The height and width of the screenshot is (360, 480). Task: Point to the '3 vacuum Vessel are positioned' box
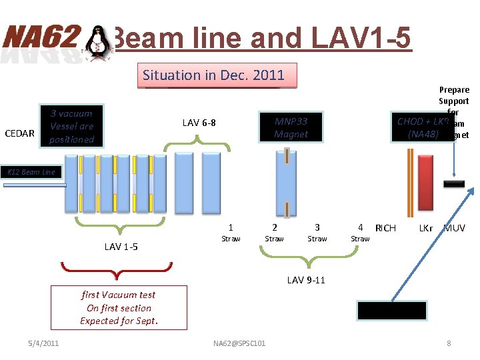click(71, 126)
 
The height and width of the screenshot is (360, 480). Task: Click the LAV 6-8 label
click(199, 122)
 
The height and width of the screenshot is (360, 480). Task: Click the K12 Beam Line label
click(31, 172)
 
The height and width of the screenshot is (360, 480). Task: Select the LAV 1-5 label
click(121, 247)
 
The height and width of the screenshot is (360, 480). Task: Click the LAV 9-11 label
click(306, 280)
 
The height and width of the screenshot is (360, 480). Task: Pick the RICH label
click(385, 228)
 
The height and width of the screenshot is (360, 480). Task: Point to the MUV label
click(455, 228)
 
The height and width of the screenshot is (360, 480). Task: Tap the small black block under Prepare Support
click(454, 184)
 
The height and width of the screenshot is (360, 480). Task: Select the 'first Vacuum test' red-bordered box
click(119, 308)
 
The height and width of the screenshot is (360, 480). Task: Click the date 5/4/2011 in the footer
click(43, 343)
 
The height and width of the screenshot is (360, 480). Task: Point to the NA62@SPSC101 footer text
click(239, 343)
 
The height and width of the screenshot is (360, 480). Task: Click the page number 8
click(449, 343)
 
